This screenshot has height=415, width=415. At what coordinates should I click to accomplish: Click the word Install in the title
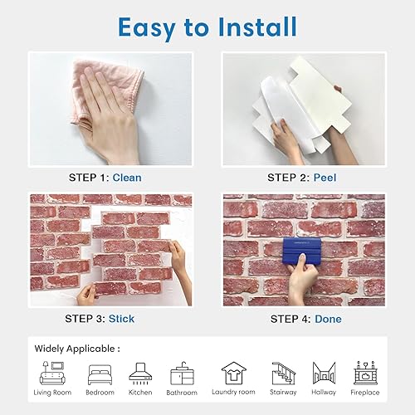[257, 27]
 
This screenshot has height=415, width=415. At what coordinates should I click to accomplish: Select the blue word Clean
[127, 178]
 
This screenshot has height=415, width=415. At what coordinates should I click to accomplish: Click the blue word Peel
[325, 178]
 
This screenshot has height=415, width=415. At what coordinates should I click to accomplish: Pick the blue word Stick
[121, 319]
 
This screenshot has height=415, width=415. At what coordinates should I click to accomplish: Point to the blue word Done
[328, 319]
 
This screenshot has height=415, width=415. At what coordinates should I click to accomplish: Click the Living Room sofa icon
[52, 373]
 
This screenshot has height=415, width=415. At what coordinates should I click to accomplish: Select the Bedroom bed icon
[100, 375]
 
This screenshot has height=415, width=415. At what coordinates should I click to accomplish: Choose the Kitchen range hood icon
[140, 373]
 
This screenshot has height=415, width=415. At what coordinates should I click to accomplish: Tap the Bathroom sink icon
[182, 373]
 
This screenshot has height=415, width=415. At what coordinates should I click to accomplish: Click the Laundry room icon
[234, 373]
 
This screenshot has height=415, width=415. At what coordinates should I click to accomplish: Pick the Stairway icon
[283, 373]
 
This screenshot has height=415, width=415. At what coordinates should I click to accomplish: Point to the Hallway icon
[324, 373]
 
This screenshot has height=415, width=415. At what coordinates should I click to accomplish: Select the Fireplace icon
[365, 373]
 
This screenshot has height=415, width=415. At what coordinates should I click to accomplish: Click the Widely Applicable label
[77, 349]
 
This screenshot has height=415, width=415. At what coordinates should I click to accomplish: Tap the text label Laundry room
[233, 392]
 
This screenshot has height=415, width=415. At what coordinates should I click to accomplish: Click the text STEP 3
[85, 319]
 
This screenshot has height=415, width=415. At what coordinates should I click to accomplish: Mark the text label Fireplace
[365, 393]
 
